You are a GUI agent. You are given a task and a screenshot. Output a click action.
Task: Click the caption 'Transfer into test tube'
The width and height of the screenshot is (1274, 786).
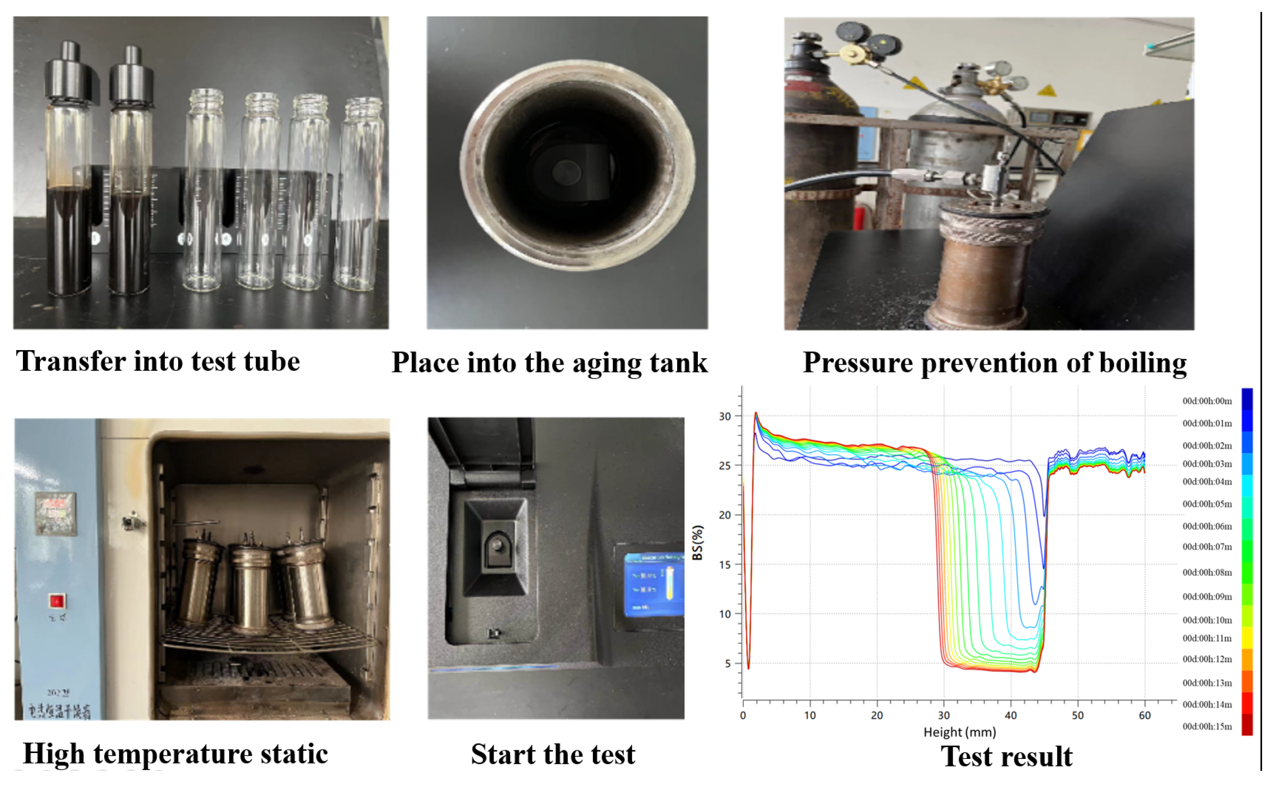158,361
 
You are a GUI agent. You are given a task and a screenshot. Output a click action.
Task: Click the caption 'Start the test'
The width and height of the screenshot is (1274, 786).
553,754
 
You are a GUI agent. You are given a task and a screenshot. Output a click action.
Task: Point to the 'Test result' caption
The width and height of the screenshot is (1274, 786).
1006,756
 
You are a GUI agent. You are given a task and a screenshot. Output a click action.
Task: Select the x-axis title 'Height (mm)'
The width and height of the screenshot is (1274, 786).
960,732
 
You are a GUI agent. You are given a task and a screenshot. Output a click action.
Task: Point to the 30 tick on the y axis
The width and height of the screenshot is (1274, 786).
724,416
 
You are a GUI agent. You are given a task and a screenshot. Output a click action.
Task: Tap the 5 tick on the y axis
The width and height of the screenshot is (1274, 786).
728,664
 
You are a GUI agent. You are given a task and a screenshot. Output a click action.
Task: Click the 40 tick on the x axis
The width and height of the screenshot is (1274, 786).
1010,715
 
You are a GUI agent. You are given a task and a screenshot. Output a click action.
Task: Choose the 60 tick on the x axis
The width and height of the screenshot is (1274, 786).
1144,715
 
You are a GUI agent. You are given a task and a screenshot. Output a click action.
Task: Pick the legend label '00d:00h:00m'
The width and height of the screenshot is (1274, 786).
1207,401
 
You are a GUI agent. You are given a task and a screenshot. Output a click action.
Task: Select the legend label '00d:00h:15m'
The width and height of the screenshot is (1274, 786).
1207,726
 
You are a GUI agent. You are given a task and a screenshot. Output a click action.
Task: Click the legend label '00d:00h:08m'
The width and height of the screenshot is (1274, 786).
1207,572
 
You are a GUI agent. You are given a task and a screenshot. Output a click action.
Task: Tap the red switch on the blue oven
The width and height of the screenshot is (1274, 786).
56,602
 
